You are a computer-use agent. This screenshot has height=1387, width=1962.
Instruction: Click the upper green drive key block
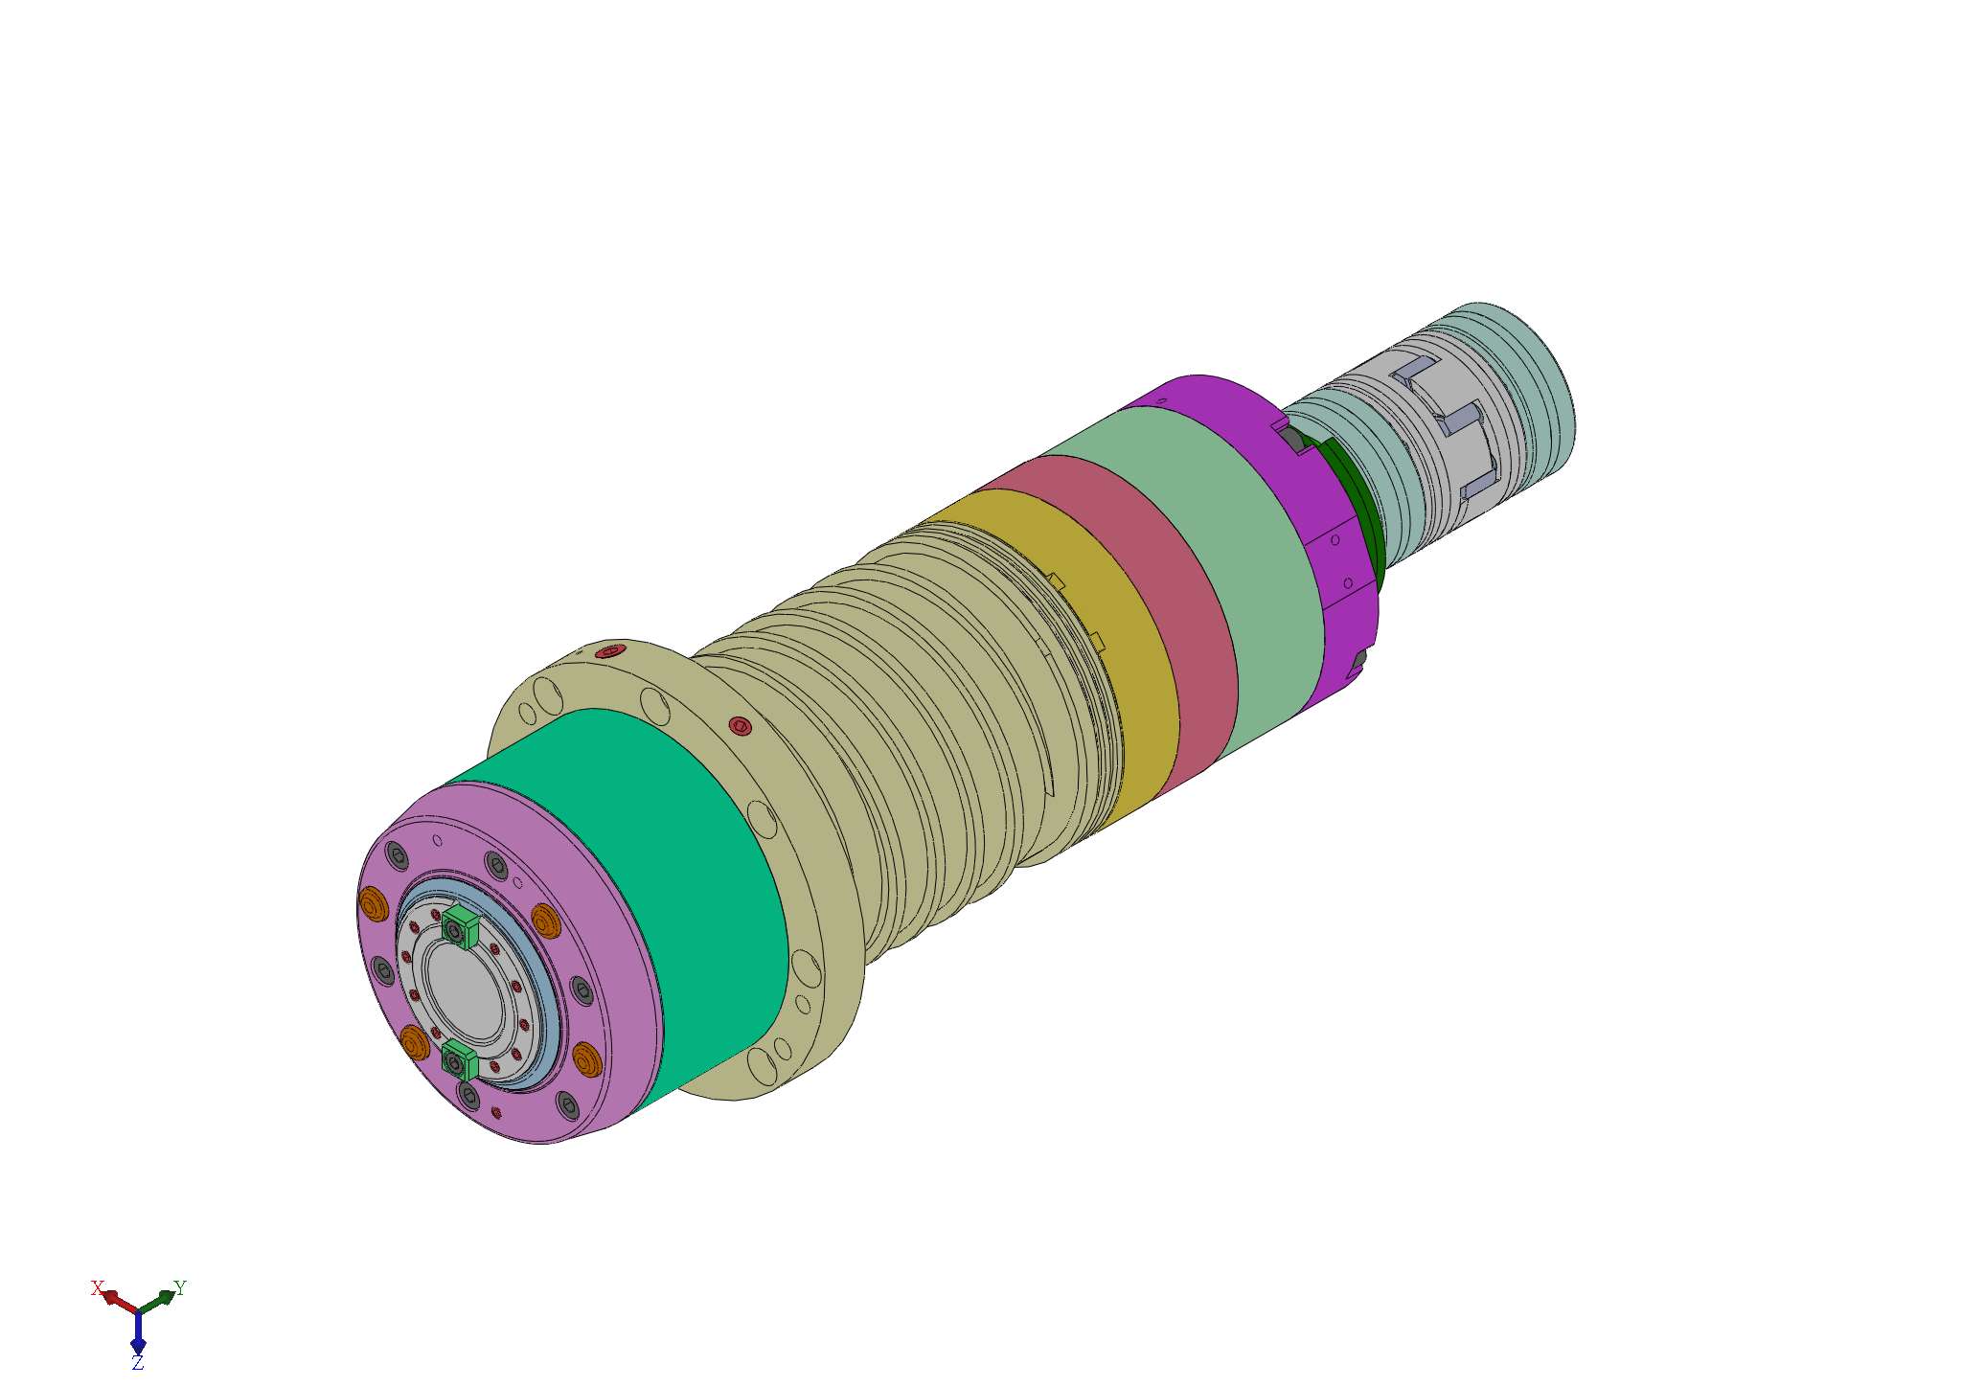pos(462,926)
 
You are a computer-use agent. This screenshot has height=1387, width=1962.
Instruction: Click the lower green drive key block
pos(460,1060)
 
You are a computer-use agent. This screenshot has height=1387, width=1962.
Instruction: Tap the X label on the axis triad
pos(96,1287)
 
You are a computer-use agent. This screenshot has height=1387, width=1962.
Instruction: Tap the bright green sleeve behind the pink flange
pos(671,862)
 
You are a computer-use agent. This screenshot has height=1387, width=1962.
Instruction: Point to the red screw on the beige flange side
pos(740,725)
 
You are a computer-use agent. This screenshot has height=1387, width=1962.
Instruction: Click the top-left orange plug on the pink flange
pos(371,902)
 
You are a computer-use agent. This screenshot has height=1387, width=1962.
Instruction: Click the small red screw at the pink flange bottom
pos(495,1112)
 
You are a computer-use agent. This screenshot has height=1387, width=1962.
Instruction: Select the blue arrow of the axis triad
pos(138,1331)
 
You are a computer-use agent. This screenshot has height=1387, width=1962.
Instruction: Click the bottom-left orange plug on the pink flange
pos(414,1041)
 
